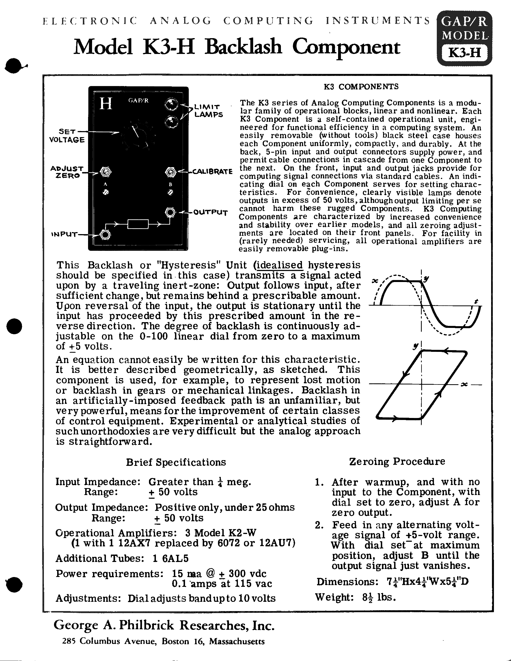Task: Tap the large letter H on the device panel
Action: pyautogui.click(x=106, y=104)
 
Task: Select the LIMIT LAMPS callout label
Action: pyautogui.click(x=208, y=111)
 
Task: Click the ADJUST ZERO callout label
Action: pyautogui.click(x=67, y=172)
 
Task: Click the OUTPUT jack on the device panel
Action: pyautogui.click(x=170, y=212)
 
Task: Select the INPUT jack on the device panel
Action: pyautogui.click(x=105, y=235)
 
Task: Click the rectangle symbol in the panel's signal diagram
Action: pyautogui.click(x=138, y=224)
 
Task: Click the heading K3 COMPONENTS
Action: pyautogui.click(x=361, y=87)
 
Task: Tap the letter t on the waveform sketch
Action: pyautogui.click(x=476, y=301)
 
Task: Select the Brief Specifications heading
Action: pyautogui.click(x=176, y=462)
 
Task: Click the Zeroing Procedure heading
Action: pyautogui.click(x=397, y=462)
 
